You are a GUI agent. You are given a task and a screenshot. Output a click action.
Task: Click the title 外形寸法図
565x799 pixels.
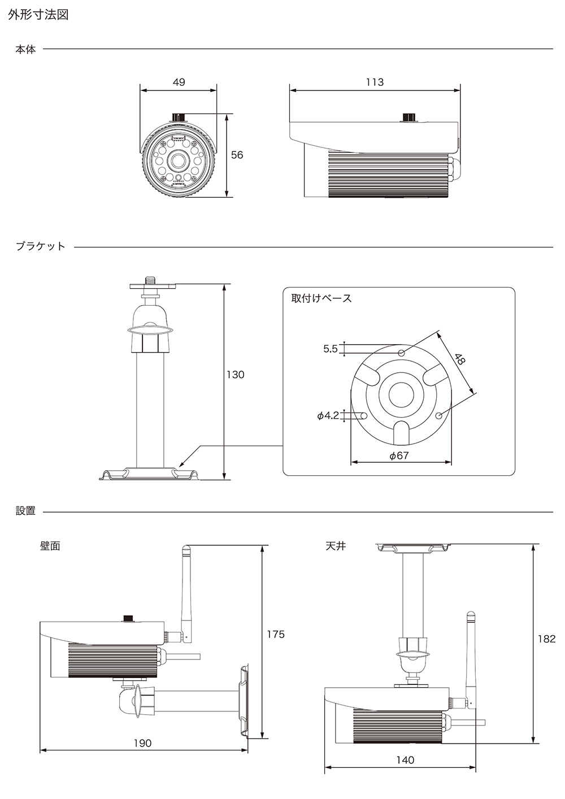[x=38, y=15]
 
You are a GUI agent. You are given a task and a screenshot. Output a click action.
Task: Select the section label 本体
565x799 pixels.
[x=25, y=50]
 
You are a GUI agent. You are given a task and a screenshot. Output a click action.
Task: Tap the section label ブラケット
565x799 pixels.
[x=41, y=246]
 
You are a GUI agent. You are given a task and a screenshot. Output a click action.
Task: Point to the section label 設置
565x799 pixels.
[x=25, y=511]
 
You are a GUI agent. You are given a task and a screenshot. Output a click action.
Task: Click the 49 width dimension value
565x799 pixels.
[x=179, y=82]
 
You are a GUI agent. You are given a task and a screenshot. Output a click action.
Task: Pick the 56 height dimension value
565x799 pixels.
[x=237, y=155]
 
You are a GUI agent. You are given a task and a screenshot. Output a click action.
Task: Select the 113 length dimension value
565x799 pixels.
[x=375, y=82]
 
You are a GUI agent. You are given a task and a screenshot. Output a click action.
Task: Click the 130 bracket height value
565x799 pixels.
[x=236, y=375]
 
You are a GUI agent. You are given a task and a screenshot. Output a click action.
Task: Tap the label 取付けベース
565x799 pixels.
[x=321, y=298]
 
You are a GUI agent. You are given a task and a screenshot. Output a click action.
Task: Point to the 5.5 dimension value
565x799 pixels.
[x=331, y=349]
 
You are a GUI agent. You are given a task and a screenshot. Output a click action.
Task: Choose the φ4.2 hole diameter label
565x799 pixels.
[x=328, y=416]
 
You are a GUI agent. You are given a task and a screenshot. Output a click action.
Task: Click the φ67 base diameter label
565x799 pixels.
[x=399, y=455]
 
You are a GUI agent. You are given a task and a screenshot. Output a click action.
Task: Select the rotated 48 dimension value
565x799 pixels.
[x=460, y=359]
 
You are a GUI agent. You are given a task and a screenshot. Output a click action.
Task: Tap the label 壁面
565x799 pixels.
[x=50, y=546]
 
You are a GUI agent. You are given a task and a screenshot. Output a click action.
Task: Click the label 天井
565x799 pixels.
[x=336, y=546]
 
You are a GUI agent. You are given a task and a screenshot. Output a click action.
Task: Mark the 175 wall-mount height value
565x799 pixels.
[x=276, y=634]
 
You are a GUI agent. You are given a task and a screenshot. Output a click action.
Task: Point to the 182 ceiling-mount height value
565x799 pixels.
[x=546, y=639]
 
